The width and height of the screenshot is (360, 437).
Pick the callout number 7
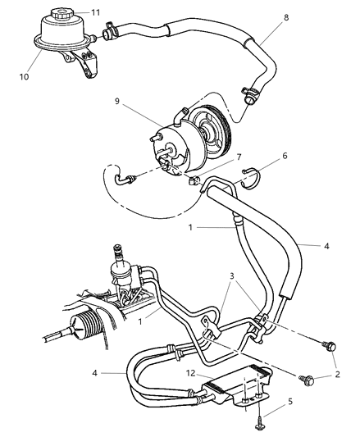215,157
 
